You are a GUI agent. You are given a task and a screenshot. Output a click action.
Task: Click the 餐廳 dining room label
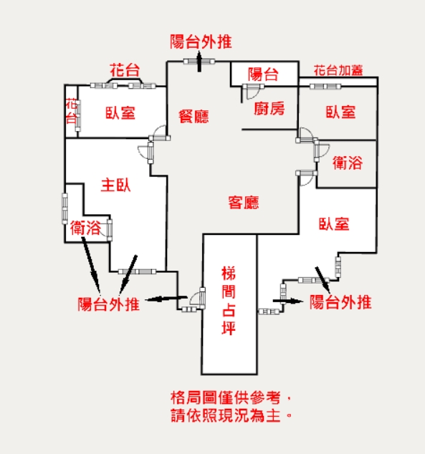[194, 117]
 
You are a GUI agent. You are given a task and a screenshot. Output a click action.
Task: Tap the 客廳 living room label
[244, 203]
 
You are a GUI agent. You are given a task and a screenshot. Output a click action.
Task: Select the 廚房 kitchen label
[269, 109]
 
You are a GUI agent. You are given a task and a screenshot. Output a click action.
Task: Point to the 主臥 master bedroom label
[115, 185]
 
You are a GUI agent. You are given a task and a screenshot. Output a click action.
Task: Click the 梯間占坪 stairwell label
[229, 301]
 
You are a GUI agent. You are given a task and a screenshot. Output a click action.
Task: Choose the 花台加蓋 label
[338, 70]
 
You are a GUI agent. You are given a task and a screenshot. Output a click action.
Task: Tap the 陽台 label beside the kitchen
[263, 74]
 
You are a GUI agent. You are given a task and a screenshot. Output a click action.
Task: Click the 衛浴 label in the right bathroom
[348, 163]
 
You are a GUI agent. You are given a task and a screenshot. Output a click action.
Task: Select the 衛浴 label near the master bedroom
[85, 228]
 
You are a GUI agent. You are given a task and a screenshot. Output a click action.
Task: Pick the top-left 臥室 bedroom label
[120, 113]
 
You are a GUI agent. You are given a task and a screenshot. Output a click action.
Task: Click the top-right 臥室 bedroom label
[340, 112]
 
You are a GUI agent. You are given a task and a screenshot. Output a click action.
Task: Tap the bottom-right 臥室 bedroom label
[334, 224]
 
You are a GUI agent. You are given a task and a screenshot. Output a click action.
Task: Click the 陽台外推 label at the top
[201, 42]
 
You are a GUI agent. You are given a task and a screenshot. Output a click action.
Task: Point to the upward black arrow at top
[199, 61]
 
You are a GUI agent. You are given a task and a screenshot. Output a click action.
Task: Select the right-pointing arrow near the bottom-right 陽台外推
[287, 301]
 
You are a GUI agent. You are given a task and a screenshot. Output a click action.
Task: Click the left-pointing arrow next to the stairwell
[166, 299]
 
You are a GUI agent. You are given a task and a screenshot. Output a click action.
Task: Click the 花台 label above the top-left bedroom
[125, 70]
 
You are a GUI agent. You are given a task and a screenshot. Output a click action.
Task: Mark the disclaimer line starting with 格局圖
[231, 397]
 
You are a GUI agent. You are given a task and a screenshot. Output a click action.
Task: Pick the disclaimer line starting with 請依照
[231, 415]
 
